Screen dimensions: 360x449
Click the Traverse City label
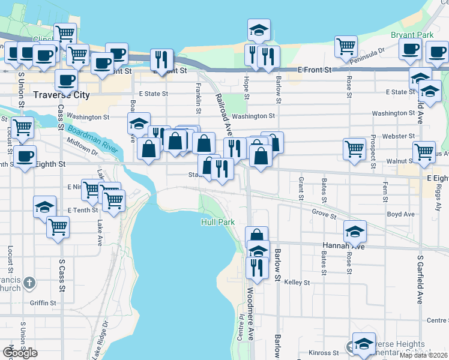click(x=61, y=95)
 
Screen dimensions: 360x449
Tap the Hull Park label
click(x=217, y=222)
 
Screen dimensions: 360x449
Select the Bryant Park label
click(x=412, y=35)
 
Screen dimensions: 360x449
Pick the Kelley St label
click(x=297, y=282)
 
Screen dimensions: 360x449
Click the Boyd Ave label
click(x=401, y=214)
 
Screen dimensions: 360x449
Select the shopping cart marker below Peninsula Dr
click(x=346, y=45)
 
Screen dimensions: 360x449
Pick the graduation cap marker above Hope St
click(x=259, y=29)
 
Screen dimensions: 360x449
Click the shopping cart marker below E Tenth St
click(x=58, y=226)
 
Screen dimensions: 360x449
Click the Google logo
click(x=20, y=352)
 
